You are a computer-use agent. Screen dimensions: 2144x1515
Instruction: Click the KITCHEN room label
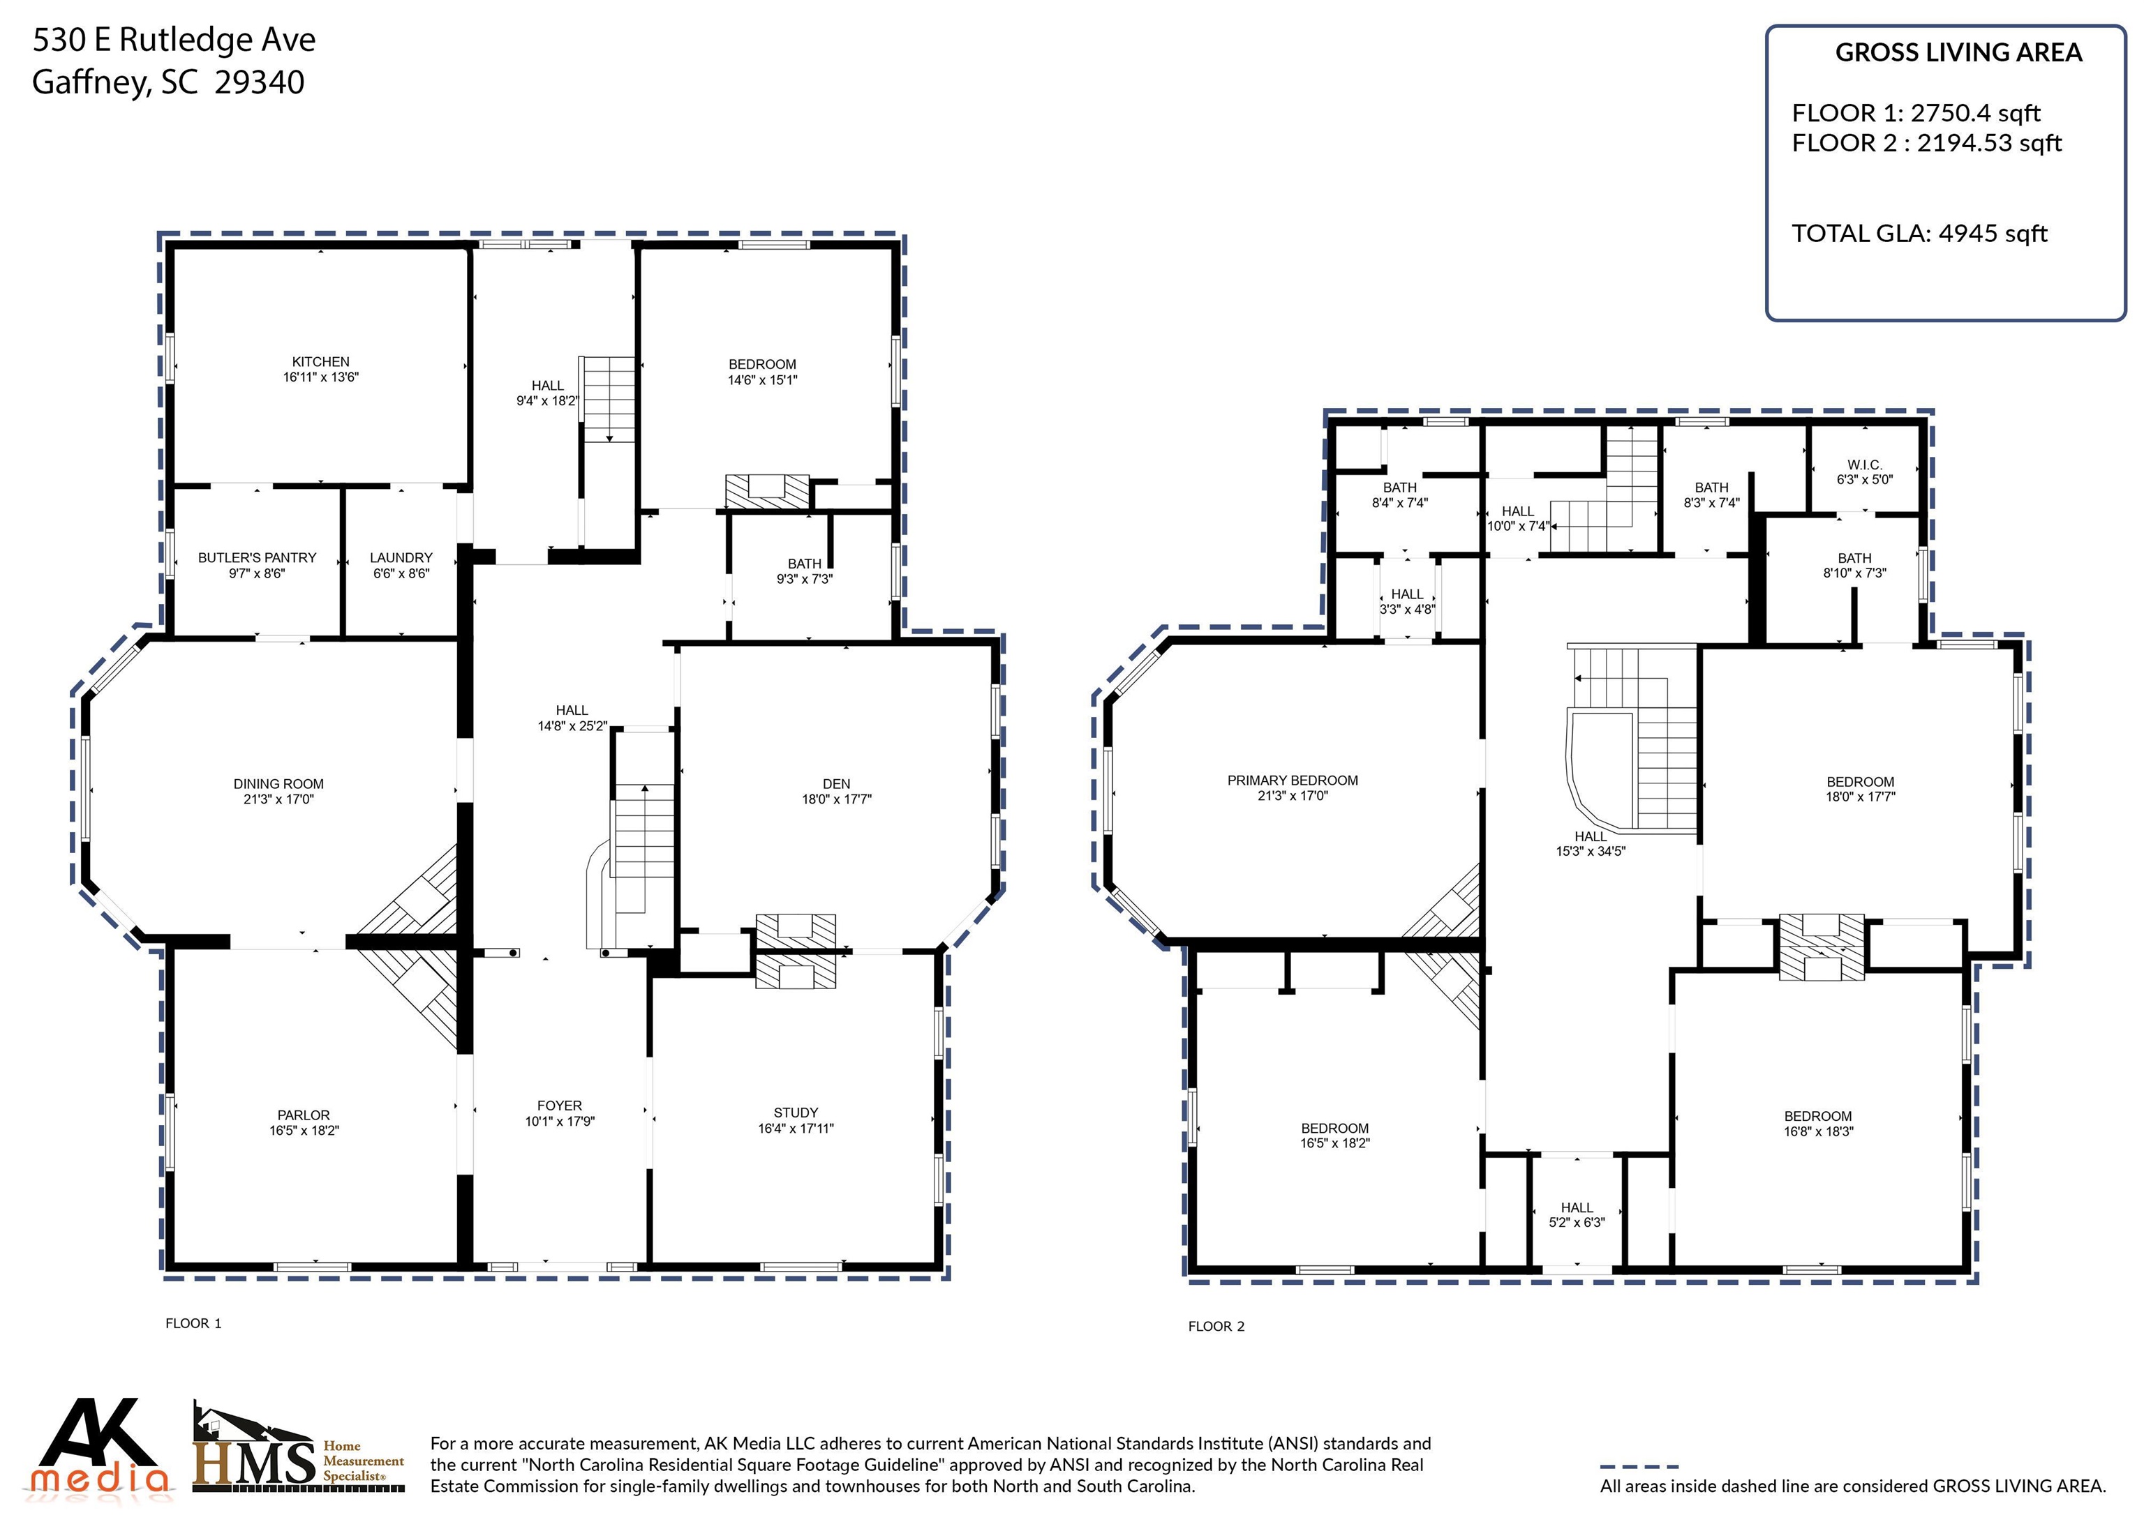click(x=320, y=361)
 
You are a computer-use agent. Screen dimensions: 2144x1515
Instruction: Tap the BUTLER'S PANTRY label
click(x=257, y=557)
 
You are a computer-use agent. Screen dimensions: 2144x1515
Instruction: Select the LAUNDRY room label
click(x=401, y=557)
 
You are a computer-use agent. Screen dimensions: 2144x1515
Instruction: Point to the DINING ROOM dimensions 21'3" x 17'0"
click(x=278, y=799)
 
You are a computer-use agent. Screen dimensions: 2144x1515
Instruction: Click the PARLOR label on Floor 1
click(x=304, y=1115)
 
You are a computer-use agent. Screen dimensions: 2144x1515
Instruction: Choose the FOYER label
click(x=559, y=1106)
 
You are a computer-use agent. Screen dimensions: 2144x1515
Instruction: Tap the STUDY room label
click(x=796, y=1113)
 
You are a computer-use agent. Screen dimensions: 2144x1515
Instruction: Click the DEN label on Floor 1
click(x=837, y=784)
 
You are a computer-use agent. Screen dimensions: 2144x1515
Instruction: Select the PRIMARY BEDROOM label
click(x=1293, y=781)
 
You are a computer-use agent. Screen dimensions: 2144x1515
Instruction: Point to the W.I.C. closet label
click(x=1865, y=465)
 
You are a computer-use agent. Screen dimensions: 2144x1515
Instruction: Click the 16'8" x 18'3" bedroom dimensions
click(x=1818, y=1131)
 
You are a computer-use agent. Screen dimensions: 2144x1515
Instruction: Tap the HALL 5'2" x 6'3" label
click(x=1577, y=1214)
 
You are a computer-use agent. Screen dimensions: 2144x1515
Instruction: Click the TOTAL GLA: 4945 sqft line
click(x=1919, y=234)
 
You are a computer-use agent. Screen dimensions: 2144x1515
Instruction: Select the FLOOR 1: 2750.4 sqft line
click(x=1916, y=113)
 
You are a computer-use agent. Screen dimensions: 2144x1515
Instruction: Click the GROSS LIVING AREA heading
click(x=1958, y=52)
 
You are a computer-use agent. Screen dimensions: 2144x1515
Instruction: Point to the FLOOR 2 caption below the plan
click(x=1216, y=1327)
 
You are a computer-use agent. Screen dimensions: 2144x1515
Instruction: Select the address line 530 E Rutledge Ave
click(x=174, y=40)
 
